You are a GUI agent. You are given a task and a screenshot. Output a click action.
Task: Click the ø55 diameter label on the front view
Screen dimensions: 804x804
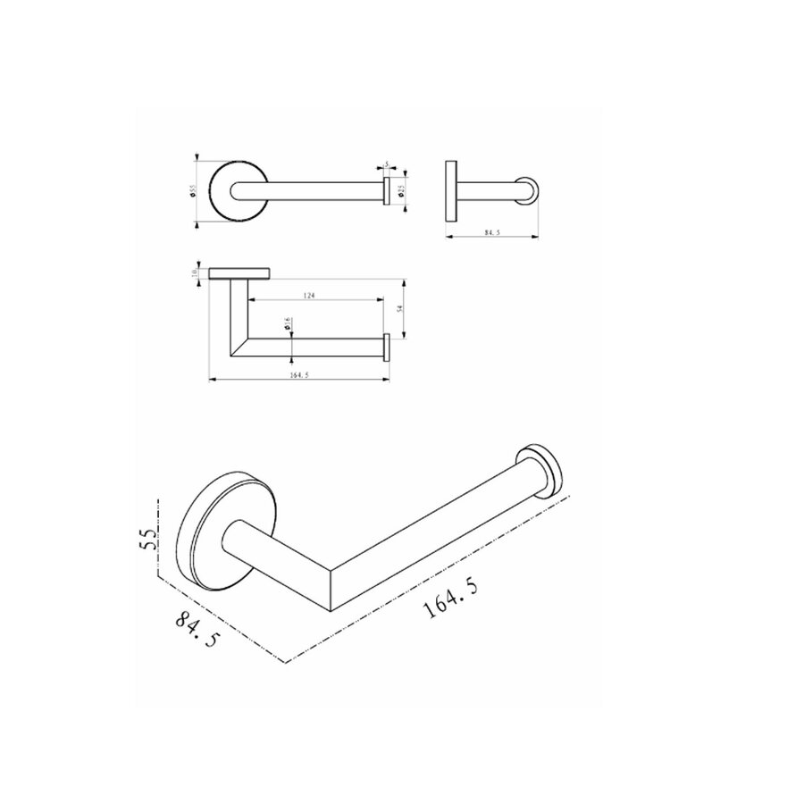pos(192,190)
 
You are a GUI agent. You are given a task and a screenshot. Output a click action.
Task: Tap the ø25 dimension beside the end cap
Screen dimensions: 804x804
pos(401,190)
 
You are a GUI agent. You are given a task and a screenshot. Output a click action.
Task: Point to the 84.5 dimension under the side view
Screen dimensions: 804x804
pos(490,233)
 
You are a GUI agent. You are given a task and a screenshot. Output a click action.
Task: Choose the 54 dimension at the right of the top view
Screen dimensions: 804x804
pos(402,308)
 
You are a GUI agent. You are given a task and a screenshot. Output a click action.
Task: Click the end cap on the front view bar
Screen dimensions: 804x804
pos(386,191)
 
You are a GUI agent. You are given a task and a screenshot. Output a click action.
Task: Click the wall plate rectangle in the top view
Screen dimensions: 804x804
pos(239,272)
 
